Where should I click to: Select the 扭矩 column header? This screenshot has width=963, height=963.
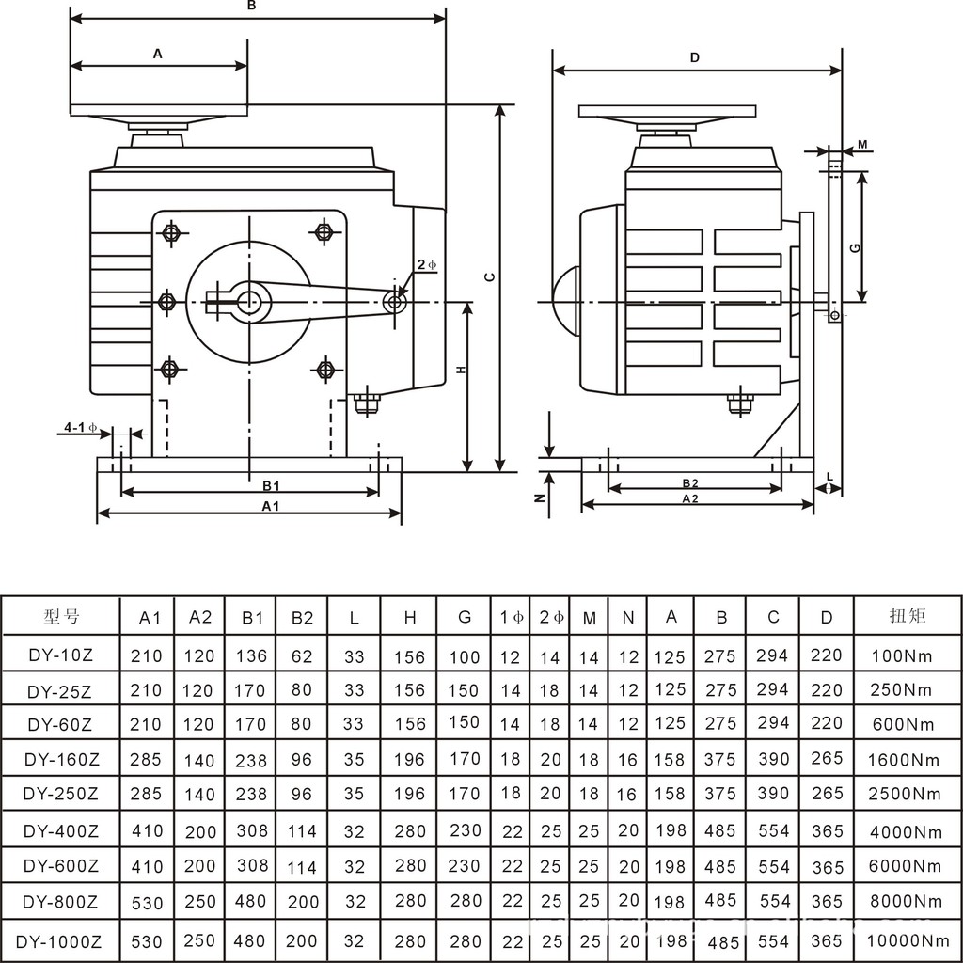pyautogui.click(x=908, y=617)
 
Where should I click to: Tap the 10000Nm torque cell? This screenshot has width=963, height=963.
pyautogui.click(x=908, y=939)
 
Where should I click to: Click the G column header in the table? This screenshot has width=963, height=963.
pyautogui.click(x=465, y=618)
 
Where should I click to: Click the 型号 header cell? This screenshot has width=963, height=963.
pyautogui.click(x=62, y=617)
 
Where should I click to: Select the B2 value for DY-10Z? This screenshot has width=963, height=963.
pyautogui.click(x=302, y=656)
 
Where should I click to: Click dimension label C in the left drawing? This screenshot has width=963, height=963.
pyautogui.click(x=489, y=277)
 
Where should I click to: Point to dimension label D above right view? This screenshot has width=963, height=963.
pyautogui.click(x=695, y=57)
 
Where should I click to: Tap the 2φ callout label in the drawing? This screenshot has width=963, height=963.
pyautogui.click(x=427, y=266)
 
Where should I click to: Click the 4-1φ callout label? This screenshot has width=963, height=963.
pyautogui.click(x=81, y=428)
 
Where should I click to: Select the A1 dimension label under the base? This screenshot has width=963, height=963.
pyautogui.click(x=271, y=506)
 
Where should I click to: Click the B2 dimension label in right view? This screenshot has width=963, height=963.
pyautogui.click(x=690, y=483)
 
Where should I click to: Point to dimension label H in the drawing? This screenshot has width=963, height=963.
pyautogui.click(x=461, y=370)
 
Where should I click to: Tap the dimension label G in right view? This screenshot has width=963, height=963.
pyautogui.click(x=853, y=247)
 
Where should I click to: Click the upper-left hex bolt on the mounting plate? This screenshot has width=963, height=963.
pyautogui.click(x=171, y=232)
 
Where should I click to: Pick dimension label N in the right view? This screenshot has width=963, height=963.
pyautogui.click(x=540, y=497)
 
